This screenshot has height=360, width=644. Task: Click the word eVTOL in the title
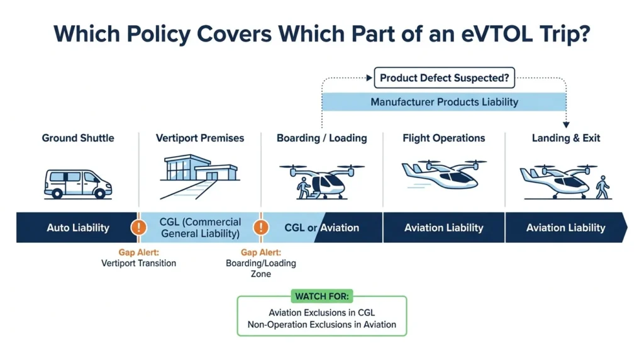pyautogui.click(x=497, y=33)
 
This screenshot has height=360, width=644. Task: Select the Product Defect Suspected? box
pyautogui.click(x=444, y=77)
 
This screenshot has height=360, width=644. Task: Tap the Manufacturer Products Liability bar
pyautogui.click(x=444, y=102)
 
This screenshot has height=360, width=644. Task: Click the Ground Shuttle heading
pyautogui.click(x=78, y=138)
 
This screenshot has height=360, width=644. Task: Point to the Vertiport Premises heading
pyautogui.click(x=199, y=138)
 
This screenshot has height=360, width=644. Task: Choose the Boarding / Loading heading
pyautogui.click(x=321, y=138)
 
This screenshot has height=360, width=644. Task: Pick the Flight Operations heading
pyautogui.click(x=443, y=138)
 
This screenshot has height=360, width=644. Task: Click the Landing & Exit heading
pyautogui.click(x=566, y=138)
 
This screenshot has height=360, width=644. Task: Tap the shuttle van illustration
pyautogui.click(x=77, y=184)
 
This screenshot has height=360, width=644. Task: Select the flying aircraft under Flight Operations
pyautogui.click(x=443, y=174)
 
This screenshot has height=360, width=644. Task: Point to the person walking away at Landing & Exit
pyautogui.click(x=602, y=188)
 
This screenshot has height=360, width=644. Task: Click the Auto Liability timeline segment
pyautogui.click(x=76, y=228)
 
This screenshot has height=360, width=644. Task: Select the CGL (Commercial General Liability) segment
pyautogui.click(x=200, y=228)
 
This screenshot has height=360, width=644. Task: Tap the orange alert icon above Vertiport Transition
pyautogui.click(x=139, y=227)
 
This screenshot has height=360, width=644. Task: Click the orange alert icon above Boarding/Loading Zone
pyautogui.click(x=261, y=227)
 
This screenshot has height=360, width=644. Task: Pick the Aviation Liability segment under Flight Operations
pyautogui.click(x=443, y=228)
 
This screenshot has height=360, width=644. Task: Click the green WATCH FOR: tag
pyautogui.click(x=322, y=296)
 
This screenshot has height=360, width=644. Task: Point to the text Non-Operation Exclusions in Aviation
pyautogui.click(x=322, y=325)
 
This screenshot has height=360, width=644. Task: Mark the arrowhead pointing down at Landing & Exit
pyautogui.click(x=566, y=125)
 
